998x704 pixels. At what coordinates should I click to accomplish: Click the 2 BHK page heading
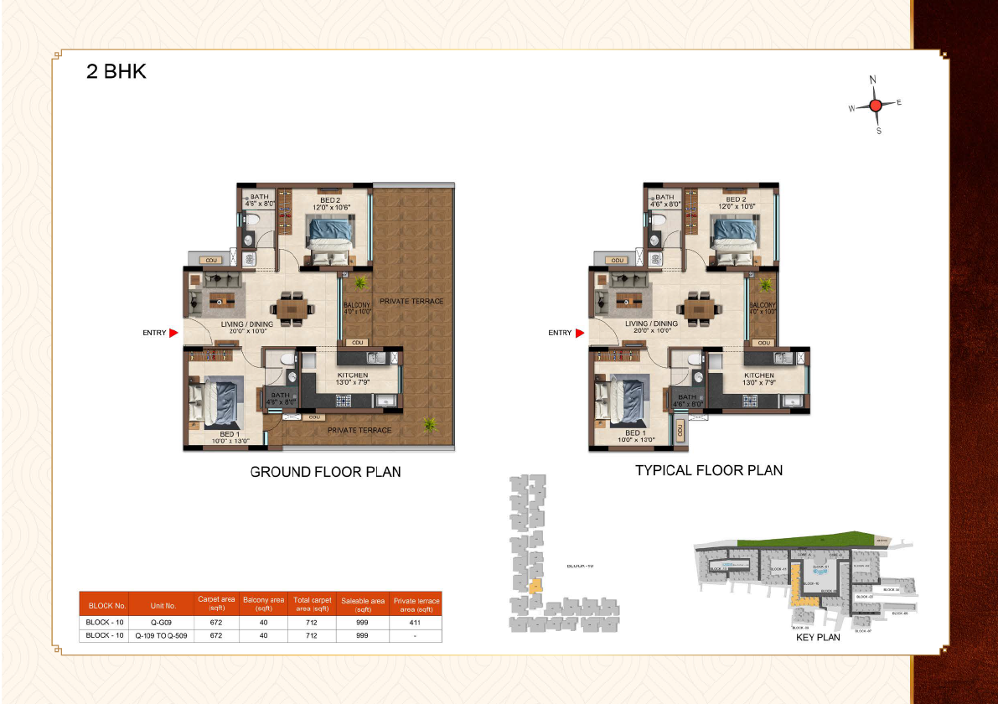click(116, 71)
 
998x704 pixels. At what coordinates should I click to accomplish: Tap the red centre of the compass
click(876, 106)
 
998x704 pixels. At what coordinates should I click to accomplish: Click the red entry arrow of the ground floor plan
click(173, 333)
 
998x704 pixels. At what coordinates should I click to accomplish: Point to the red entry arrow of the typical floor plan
click(579, 333)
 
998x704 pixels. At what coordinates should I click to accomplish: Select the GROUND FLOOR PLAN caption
click(325, 472)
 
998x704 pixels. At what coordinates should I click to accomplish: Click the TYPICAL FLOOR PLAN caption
click(709, 470)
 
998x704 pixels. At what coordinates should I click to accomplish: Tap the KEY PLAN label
click(817, 638)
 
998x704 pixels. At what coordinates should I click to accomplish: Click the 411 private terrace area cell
click(416, 623)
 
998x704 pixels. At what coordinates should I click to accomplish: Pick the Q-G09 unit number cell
click(161, 623)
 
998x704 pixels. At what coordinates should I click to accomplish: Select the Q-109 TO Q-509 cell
click(161, 635)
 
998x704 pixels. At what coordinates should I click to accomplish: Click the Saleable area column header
click(363, 604)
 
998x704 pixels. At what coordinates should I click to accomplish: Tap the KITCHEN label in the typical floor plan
click(758, 375)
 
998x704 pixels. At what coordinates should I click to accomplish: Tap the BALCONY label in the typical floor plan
click(763, 306)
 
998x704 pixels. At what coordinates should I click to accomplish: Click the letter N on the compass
click(873, 80)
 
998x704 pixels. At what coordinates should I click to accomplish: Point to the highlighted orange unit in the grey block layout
click(535, 585)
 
